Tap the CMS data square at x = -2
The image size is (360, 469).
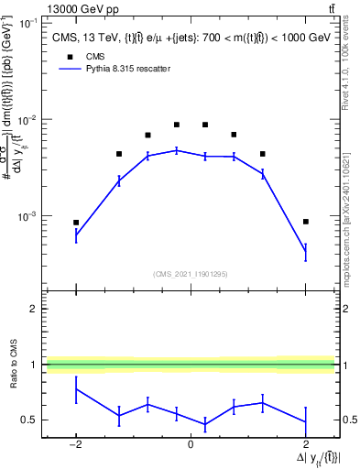[x=76, y=223]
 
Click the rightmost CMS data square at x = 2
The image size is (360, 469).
[x=306, y=222]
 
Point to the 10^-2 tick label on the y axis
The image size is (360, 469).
[x=28, y=121]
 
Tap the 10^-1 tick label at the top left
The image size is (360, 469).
[x=28, y=24]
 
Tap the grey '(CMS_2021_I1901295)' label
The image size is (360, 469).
[x=191, y=274]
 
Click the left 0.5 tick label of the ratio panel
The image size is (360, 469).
[x=29, y=420]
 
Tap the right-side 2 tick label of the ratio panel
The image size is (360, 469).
[x=346, y=309]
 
